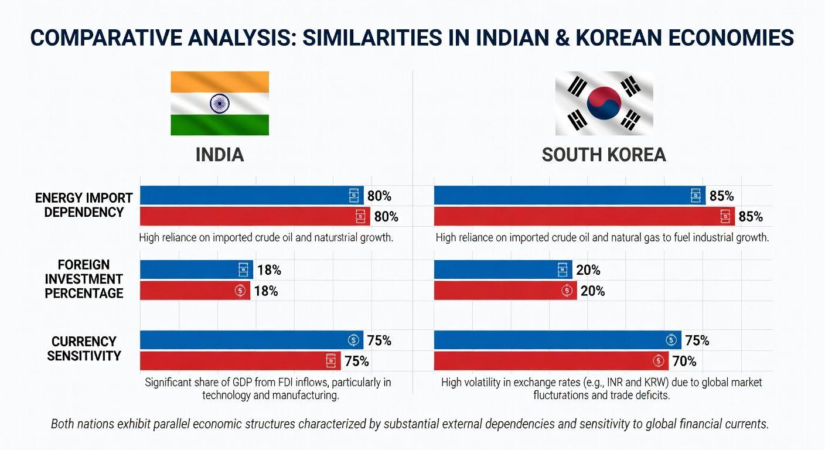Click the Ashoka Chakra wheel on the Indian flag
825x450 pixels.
[220, 104]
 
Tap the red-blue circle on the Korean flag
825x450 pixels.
[604, 104]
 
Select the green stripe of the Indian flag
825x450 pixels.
[220, 125]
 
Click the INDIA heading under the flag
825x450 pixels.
[220, 155]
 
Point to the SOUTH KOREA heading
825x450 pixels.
[604, 155]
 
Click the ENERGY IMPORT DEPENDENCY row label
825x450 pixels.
[84, 205]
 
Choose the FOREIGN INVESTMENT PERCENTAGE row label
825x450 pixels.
[84, 279]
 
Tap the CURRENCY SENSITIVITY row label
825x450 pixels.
[84, 348]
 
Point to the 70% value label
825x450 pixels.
[684, 361]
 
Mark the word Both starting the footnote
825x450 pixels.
[63, 424]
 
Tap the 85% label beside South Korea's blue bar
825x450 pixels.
[721, 196]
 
